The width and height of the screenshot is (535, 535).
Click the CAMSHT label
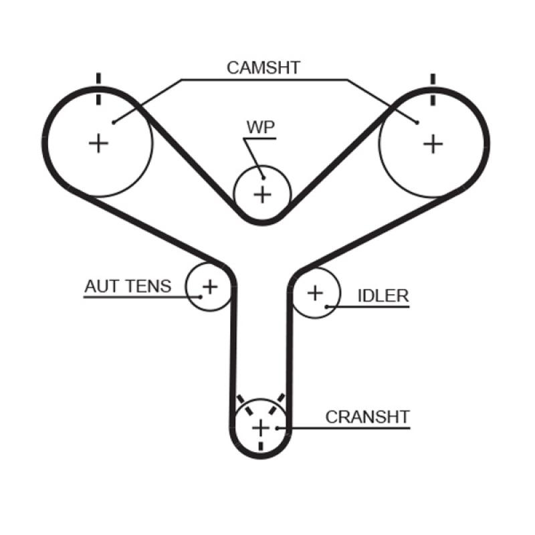[x=263, y=68]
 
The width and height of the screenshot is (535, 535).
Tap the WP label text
[x=261, y=128]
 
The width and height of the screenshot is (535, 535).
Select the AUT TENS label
[x=128, y=286]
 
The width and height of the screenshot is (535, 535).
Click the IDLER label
[x=383, y=296]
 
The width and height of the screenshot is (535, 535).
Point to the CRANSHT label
[x=367, y=417]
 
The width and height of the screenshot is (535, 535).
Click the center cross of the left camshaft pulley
[x=99, y=142]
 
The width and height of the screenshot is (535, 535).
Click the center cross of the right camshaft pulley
[x=433, y=142]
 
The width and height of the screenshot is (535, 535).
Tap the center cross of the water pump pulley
[x=263, y=195]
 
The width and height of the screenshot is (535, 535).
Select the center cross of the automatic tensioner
[x=210, y=287]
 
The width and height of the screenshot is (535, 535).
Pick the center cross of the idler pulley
[x=314, y=292]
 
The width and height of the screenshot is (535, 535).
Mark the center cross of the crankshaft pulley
[x=260, y=427]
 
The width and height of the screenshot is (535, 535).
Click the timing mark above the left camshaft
[x=99, y=89]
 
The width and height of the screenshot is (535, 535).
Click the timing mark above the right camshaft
[x=433, y=89]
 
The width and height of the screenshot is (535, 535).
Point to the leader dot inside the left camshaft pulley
[x=114, y=122]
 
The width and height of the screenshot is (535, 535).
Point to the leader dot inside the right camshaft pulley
[x=417, y=122]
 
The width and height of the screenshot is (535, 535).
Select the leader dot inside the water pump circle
[x=263, y=177]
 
